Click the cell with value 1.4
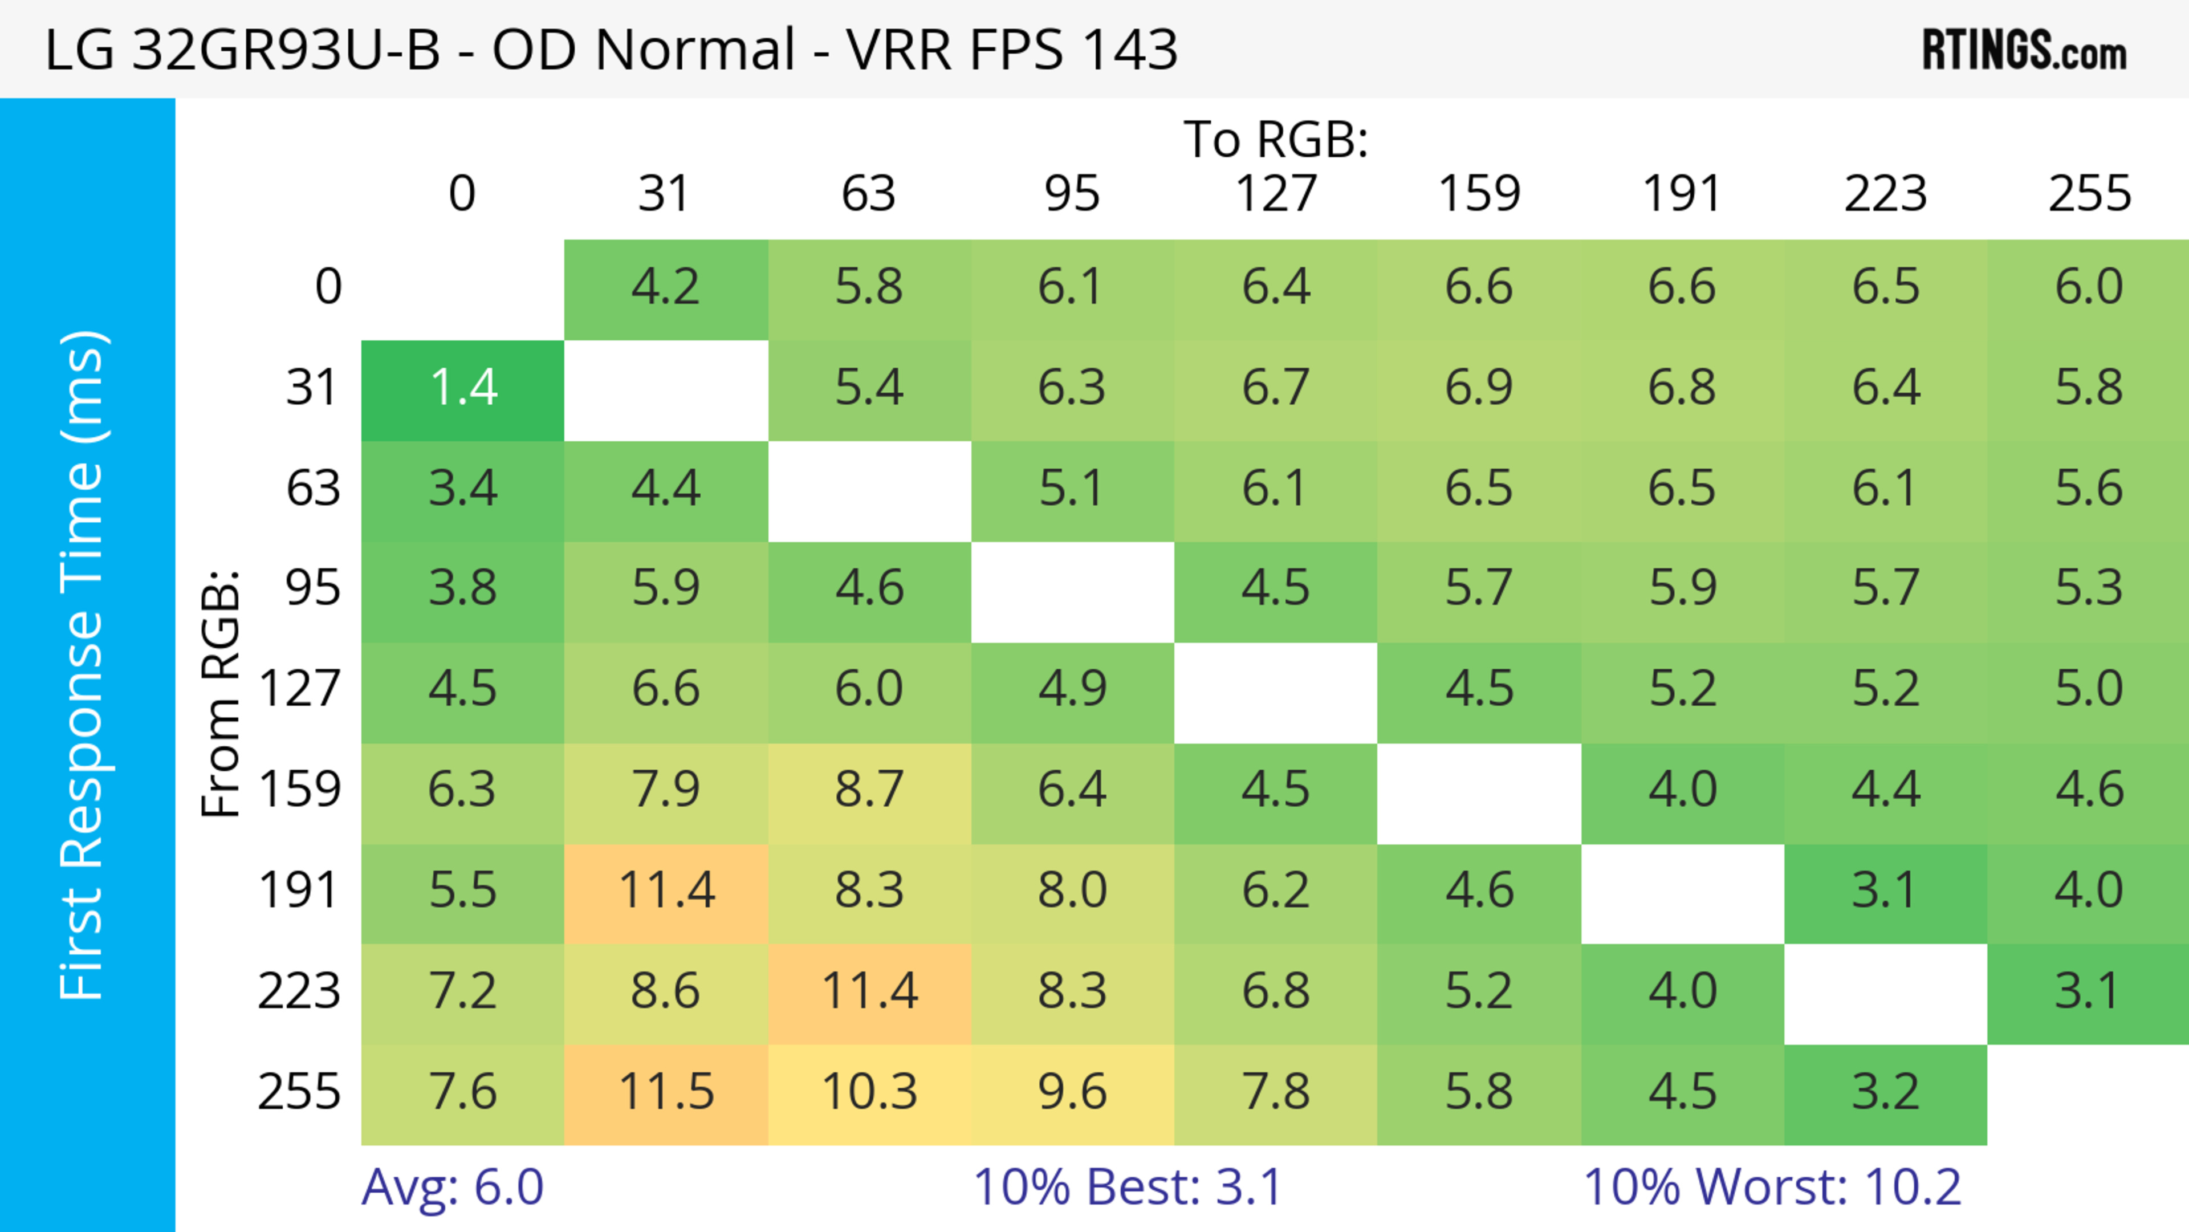tap(462, 388)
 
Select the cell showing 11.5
tap(665, 1093)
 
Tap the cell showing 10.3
tap(868, 1093)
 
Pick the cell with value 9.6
tap(1072, 1093)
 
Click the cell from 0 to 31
tap(665, 287)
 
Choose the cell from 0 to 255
tap(2088, 287)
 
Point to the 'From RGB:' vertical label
tap(221, 693)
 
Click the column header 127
tap(1276, 194)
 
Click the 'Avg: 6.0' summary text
tap(452, 1187)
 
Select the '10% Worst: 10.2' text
tap(1772, 1187)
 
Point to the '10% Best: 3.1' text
tap(1127, 1187)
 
